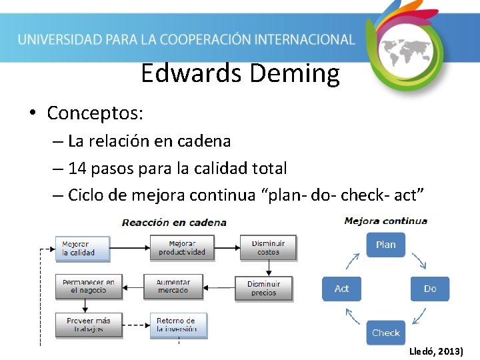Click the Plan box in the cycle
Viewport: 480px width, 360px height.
pos(385,245)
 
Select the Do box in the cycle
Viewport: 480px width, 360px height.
pos(429,289)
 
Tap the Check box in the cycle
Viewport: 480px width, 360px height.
pos(385,333)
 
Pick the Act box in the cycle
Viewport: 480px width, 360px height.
pos(341,289)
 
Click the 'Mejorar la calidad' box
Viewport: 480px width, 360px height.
pos(82,248)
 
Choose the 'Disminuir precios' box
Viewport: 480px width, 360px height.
pos(263,289)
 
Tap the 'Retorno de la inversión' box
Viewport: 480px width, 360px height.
pos(177,325)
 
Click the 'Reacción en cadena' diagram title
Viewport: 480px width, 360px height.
pos(173,222)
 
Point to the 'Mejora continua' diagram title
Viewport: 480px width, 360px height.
pos(385,221)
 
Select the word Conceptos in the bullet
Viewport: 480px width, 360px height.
pos(95,113)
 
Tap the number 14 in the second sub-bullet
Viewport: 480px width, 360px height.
pos(77,168)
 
